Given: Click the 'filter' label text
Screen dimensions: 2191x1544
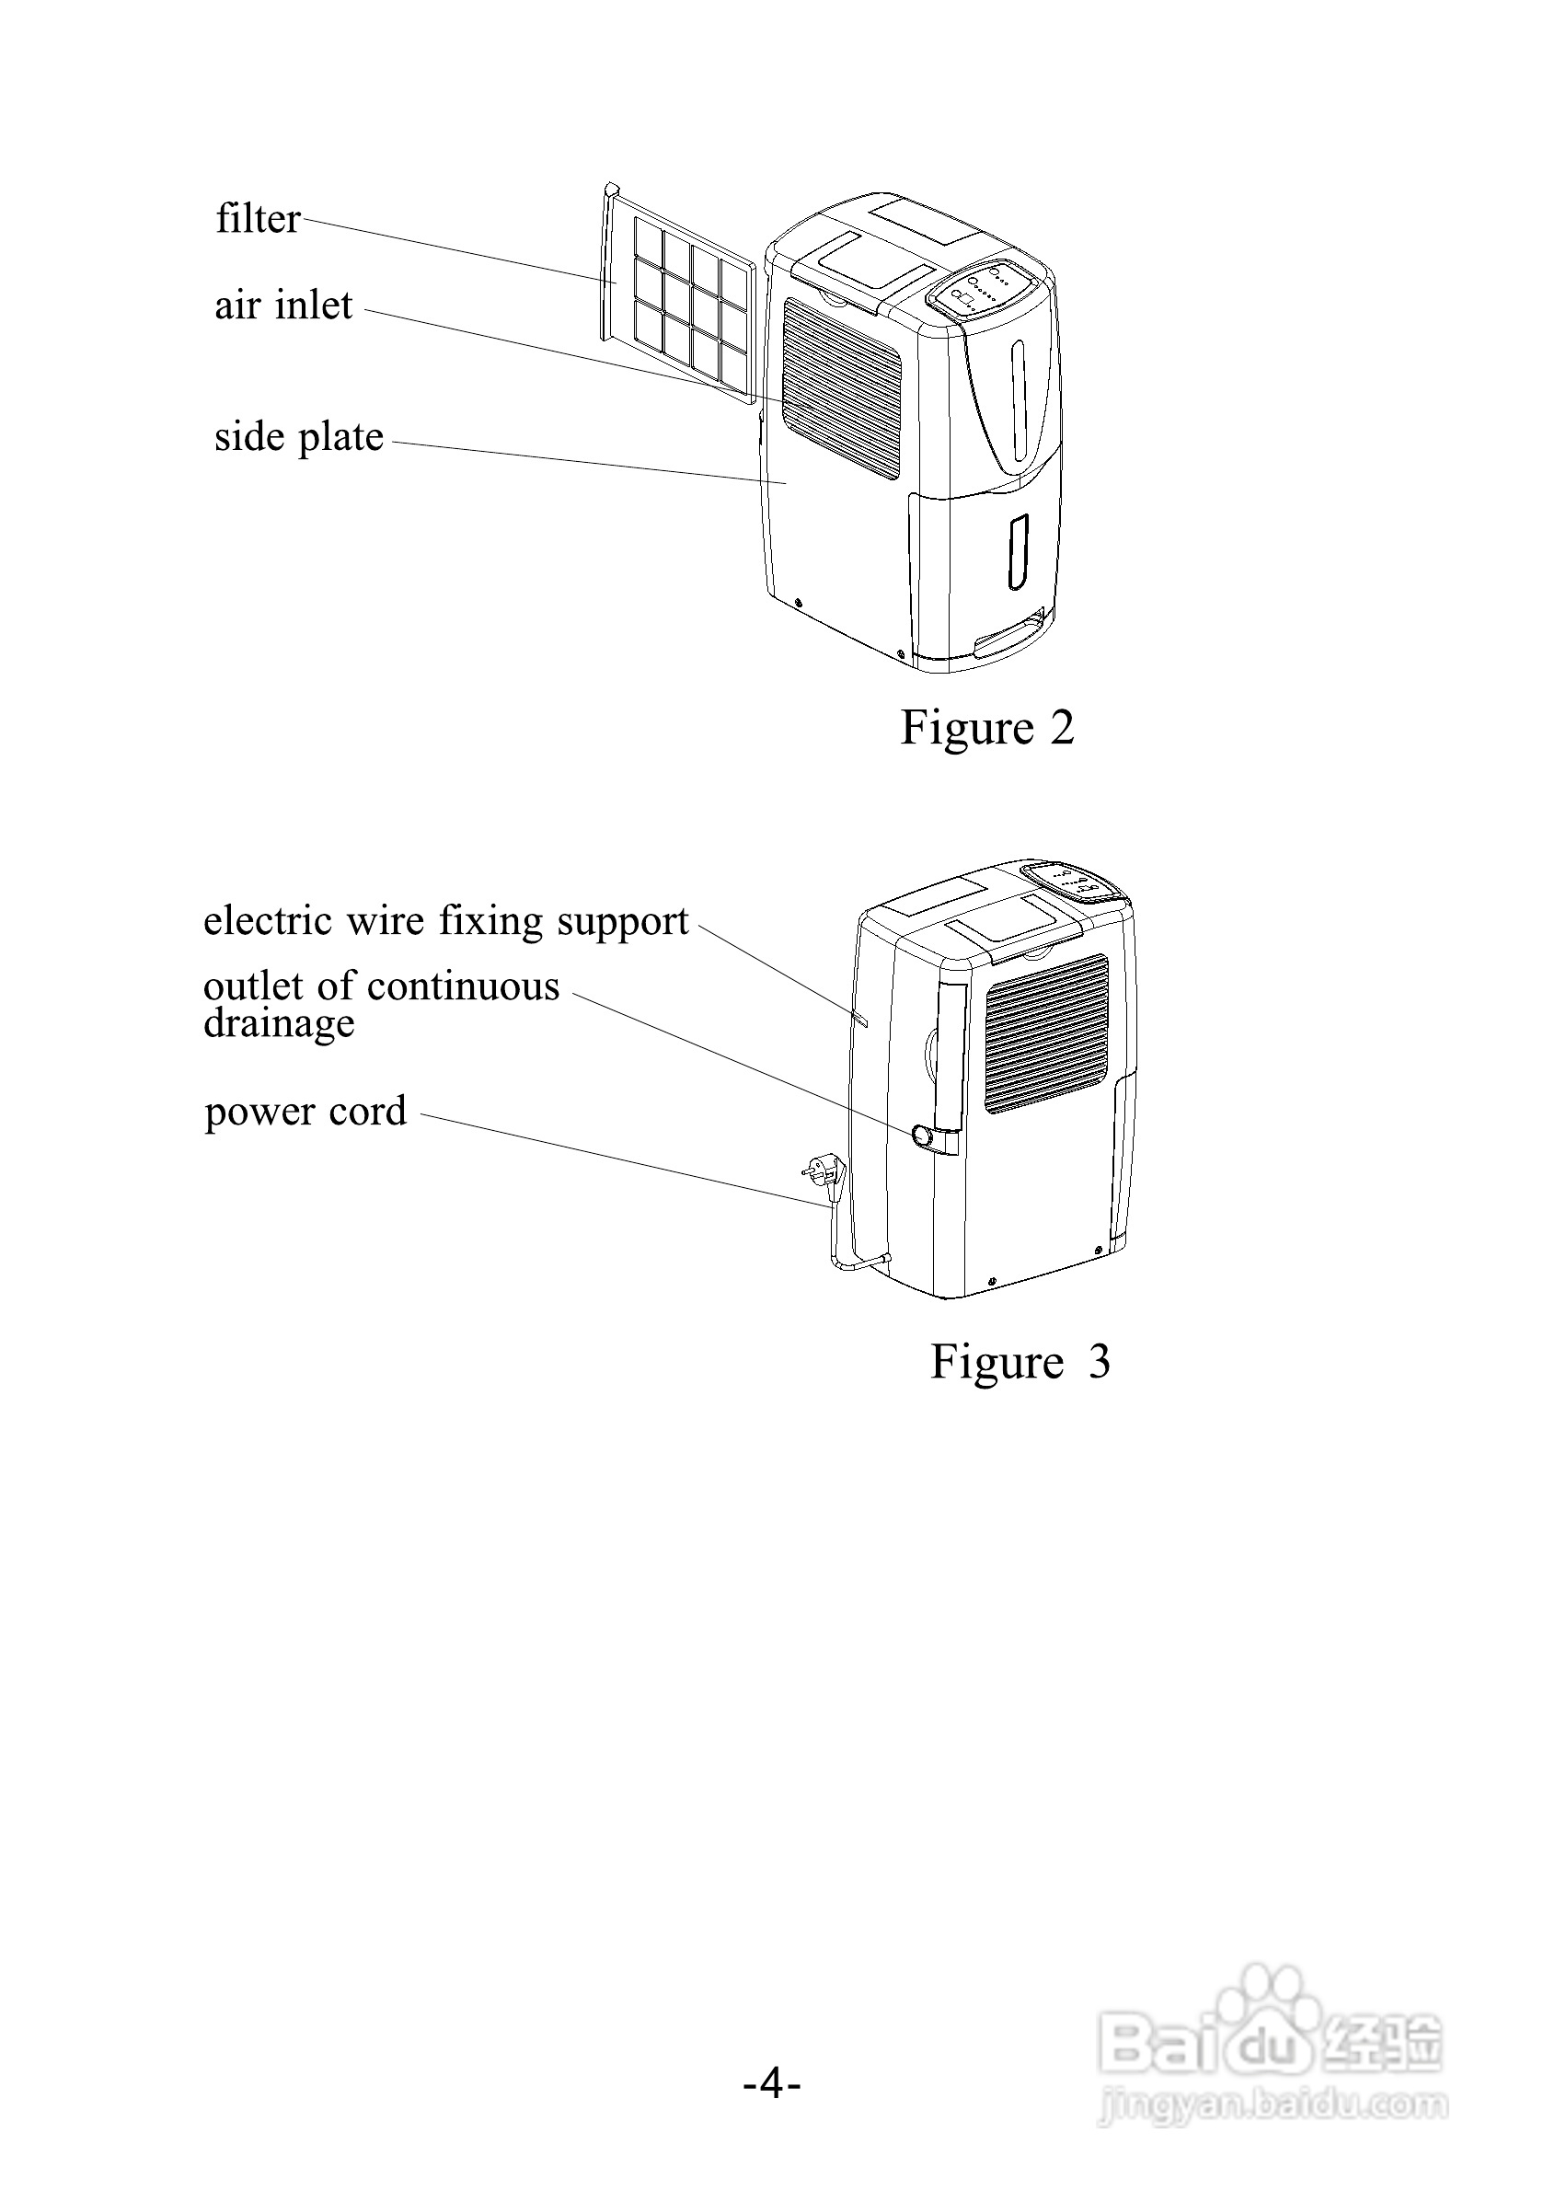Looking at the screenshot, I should click(258, 218).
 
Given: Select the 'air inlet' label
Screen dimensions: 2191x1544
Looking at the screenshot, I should click(283, 306).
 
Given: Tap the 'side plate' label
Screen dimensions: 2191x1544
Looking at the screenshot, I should click(299, 437).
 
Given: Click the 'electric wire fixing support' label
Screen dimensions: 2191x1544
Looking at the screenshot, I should click(445, 921).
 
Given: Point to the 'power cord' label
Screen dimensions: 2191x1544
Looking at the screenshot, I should click(305, 1111).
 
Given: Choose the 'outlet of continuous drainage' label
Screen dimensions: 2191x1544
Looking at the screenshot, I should click(381, 1003).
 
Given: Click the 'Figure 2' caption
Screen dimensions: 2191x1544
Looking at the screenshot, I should click(986, 727).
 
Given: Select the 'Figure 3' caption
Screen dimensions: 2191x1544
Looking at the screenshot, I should click(1020, 1361).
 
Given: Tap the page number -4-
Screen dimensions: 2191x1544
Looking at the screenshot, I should click(772, 2082).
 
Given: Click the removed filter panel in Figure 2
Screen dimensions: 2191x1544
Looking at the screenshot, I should click(678, 291).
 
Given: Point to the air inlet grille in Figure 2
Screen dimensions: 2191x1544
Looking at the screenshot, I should click(842, 386).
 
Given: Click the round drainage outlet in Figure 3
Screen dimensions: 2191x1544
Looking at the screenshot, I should click(923, 1136).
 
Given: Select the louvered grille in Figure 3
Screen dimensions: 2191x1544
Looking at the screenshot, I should click(1046, 1033).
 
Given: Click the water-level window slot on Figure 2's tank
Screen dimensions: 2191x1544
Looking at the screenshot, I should click(1020, 550).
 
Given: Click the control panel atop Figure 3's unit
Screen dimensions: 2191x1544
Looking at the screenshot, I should click(1074, 881).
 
